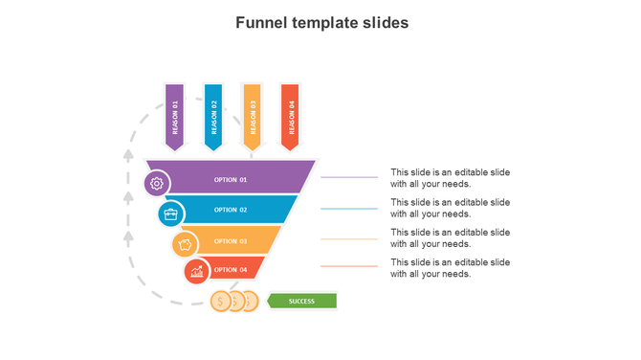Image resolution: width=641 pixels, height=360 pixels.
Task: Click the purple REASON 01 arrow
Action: click(x=174, y=117)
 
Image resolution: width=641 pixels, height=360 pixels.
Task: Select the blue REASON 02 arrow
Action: click(x=213, y=117)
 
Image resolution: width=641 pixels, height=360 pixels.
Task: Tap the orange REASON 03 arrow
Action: click(x=253, y=117)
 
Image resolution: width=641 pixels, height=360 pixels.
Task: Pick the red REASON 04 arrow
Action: click(x=291, y=117)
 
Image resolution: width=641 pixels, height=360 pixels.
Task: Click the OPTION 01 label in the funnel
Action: click(x=231, y=179)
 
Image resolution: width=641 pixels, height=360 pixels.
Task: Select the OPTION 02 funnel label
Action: click(x=231, y=210)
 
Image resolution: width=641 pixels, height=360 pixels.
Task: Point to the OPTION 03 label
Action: click(x=231, y=241)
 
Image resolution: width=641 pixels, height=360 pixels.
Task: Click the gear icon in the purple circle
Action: click(x=157, y=183)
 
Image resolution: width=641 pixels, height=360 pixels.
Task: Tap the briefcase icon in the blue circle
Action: click(x=170, y=214)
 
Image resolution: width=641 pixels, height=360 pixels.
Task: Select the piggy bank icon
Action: click(x=185, y=245)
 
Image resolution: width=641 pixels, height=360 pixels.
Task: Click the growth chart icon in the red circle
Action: click(x=197, y=272)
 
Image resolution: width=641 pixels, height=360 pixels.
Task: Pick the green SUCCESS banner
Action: click(x=301, y=302)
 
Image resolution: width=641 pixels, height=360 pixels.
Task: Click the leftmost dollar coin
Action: click(x=221, y=302)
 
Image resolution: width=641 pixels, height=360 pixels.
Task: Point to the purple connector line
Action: click(x=349, y=177)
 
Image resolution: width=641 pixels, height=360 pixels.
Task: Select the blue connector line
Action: click(x=349, y=208)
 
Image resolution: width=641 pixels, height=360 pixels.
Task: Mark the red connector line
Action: click(x=349, y=266)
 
